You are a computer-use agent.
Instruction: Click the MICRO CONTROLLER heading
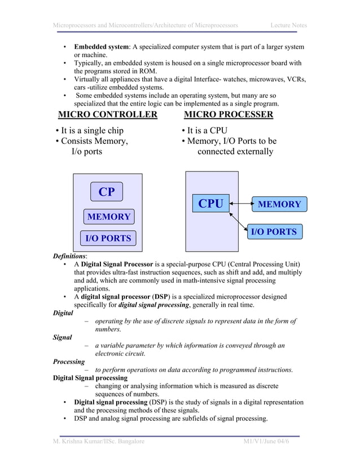(108, 115)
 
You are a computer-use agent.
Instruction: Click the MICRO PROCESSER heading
(229, 115)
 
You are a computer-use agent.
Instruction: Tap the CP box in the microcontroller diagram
(107, 192)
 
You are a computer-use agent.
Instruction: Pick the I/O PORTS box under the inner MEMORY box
(108, 238)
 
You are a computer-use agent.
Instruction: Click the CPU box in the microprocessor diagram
(211, 204)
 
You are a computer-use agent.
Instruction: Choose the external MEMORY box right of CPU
(279, 204)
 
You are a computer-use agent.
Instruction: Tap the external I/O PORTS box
(273, 231)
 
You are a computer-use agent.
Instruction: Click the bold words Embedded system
(102, 46)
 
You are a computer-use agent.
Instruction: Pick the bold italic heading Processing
(69, 362)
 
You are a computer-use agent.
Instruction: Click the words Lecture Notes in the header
(288, 25)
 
